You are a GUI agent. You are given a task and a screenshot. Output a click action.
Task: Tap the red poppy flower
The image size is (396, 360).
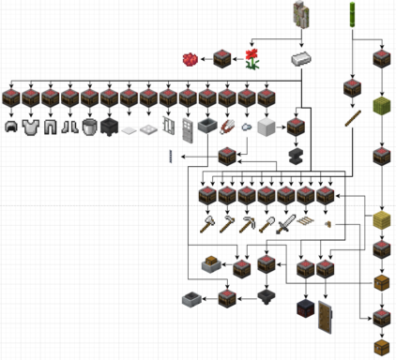pos(251,59)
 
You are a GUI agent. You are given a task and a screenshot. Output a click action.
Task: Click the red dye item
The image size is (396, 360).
pos(190,59)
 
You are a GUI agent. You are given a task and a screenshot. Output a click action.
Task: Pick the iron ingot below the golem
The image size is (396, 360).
pos(301,59)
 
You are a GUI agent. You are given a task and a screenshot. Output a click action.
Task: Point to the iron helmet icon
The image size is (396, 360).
pos(11,126)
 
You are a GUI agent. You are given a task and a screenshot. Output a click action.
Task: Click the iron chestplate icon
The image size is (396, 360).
pos(31,126)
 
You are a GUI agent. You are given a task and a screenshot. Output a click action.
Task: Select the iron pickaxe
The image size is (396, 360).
pos(246,224)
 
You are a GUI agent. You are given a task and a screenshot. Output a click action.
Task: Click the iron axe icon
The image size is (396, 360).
pos(226,224)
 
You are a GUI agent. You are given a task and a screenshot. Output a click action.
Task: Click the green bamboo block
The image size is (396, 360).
pos(382,106)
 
